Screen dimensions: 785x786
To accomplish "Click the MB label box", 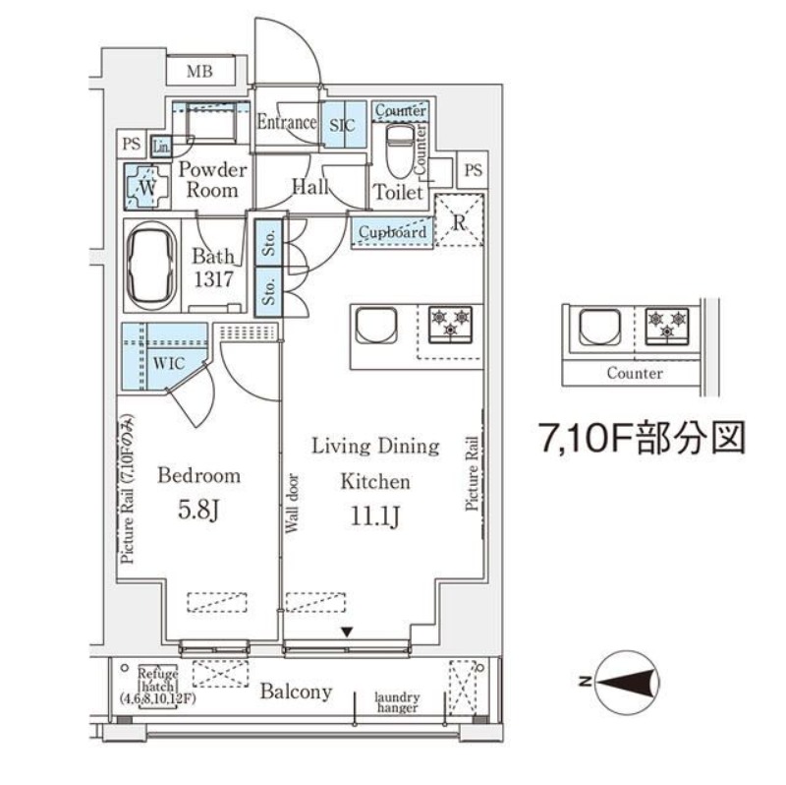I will point(199,71).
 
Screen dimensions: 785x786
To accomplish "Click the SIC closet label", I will point(343,124).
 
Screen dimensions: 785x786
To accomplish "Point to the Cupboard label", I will point(392,232).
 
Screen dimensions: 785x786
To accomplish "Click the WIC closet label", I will point(167,361).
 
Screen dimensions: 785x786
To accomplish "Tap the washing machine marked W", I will point(146,186).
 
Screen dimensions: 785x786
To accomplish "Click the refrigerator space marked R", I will point(458,220).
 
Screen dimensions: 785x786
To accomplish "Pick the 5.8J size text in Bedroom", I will point(198,512).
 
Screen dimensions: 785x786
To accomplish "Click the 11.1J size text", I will point(375,517).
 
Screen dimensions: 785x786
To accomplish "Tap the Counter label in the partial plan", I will point(634,374).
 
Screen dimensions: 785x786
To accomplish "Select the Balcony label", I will point(296,692).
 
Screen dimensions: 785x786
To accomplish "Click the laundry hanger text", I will point(397,701).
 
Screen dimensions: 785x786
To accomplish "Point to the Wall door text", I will point(292,506).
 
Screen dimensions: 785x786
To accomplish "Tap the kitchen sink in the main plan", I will point(375,326).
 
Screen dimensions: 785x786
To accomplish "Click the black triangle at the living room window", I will point(347,633).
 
